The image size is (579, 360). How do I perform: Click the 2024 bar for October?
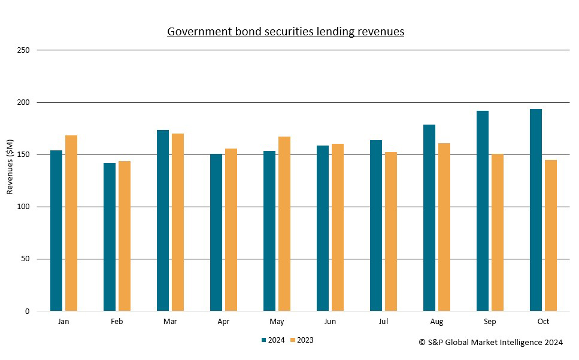pos(536,210)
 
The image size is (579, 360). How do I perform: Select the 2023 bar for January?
pos(71,223)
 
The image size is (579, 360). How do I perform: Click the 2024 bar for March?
pos(163,220)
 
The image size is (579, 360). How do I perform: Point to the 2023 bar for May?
pos(284,224)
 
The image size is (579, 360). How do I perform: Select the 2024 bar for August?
pos(429,218)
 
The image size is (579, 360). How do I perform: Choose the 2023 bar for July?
pos(391,232)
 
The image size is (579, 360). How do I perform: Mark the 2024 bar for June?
pos(323,228)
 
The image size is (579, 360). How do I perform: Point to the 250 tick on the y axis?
pos(23,50)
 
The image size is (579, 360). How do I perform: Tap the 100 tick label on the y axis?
pos(23,207)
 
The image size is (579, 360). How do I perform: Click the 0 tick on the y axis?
pos(27,311)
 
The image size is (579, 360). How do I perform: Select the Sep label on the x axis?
pos(490,322)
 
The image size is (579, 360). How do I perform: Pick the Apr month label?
pos(223,322)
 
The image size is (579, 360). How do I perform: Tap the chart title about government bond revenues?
pos(286,31)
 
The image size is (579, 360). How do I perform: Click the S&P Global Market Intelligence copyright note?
pos(490,343)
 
